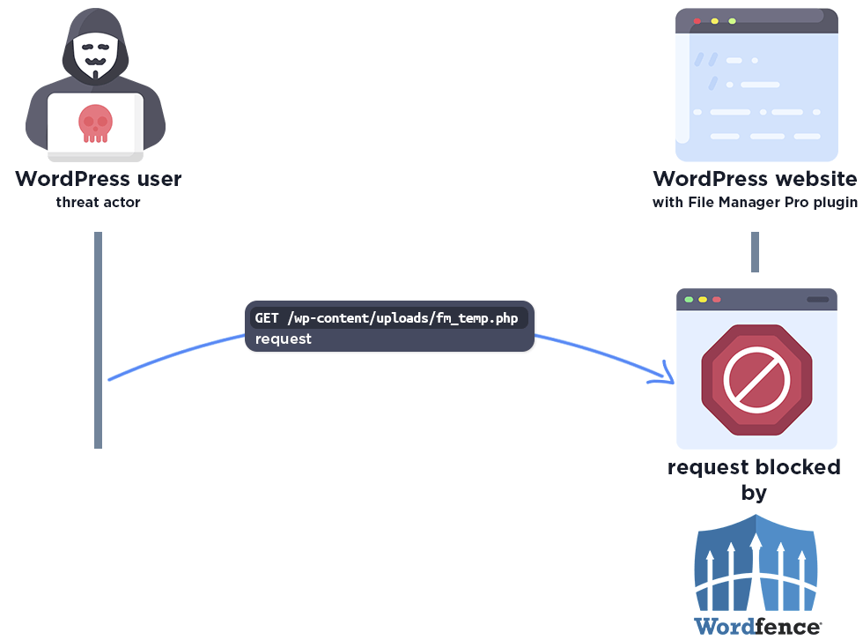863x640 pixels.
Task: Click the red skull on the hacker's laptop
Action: pyautogui.click(x=95, y=123)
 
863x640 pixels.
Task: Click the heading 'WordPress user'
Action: pyautogui.click(x=98, y=179)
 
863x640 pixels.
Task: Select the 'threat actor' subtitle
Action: pyautogui.click(x=98, y=203)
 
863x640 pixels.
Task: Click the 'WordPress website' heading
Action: pyautogui.click(x=754, y=179)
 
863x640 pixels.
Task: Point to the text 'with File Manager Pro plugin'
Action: pyautogui.click(x=754, y=203)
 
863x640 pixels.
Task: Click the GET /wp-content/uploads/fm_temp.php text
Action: pyautogui.click(x=387, y=317)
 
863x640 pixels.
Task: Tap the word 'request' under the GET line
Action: pyautogui.click(x=284, y=339)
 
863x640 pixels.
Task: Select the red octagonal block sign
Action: pyautogui.click(x=756, y=379)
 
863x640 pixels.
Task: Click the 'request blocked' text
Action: pyautogui.click(x=754, y=466)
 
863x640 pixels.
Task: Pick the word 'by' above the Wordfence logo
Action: pyautogui.click(x=754, y=492)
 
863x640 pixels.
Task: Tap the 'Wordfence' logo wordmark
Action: pyautogui.click(x=757, y=627)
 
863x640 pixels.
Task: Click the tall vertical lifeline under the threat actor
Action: pyautogui.click(x=99, y=339)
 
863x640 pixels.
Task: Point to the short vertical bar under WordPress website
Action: pyautogui.click(x=755, y=252)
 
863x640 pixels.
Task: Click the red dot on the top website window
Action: pyautogui.click(x=697, y=20)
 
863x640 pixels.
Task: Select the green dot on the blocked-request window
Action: pyautogui.click(x=689, y=300)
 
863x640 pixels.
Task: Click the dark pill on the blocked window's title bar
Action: pyautogui.click(x=817, y=300)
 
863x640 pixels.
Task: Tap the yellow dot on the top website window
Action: pyautogui.click(x=714, y=20)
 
